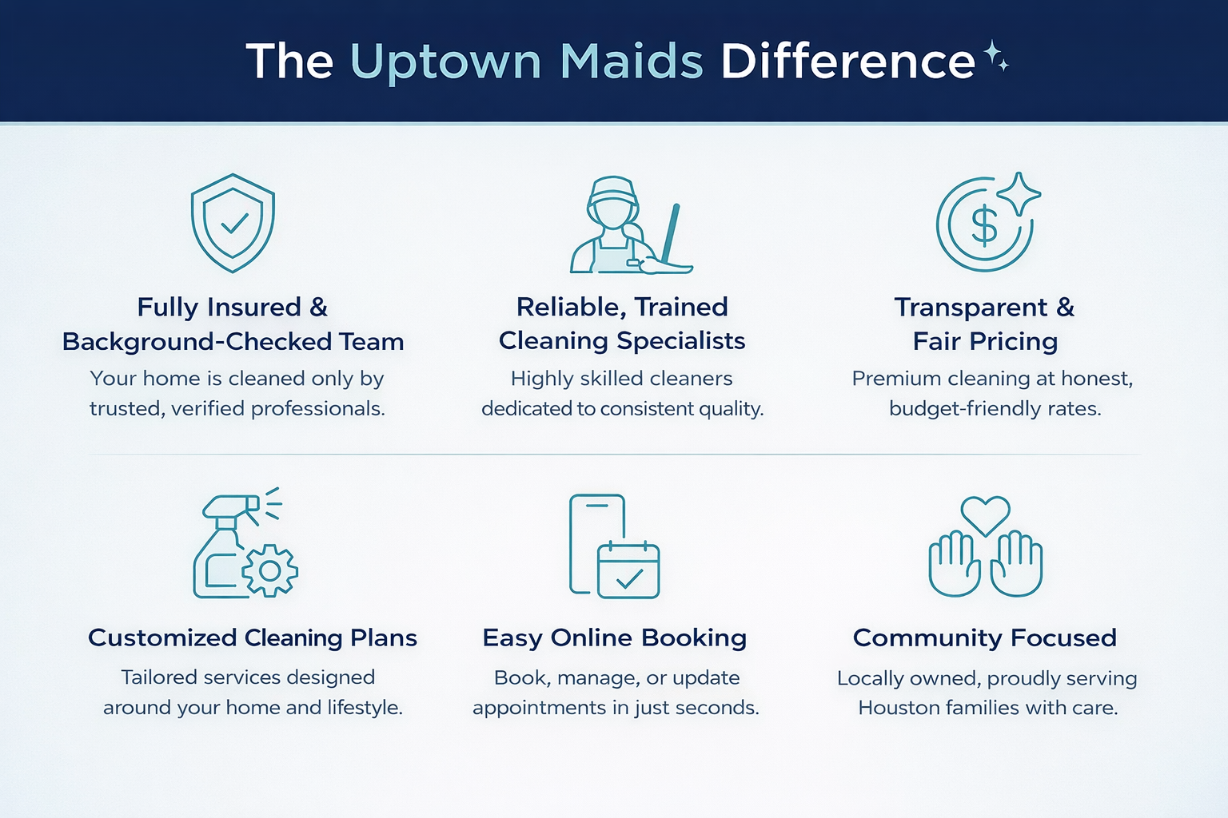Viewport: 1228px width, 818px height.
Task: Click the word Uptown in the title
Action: (x=446, y=62)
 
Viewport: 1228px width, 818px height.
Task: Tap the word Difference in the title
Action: (x=847, y=62)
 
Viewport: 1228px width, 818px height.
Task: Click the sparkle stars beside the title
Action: (x=995, y=57)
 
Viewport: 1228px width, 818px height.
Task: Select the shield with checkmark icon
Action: (x=233, y=223)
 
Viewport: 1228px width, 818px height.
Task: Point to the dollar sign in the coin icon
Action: (x=984, y=225)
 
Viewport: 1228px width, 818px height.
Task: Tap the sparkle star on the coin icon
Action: (x=1018, y=193)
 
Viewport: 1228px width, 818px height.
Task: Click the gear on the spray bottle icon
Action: (x=270, y=570)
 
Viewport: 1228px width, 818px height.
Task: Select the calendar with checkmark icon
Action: (x=628, y=570)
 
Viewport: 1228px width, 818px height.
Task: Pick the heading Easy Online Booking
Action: (x=614, y=637)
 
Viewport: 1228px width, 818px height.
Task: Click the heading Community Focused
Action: (x=984, y=637)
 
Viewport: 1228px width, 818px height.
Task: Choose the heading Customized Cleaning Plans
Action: (x=253, y=637)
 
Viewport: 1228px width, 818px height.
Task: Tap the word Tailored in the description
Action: (x=158, y=677)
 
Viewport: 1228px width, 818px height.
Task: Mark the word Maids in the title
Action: (x=632, y=62)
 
